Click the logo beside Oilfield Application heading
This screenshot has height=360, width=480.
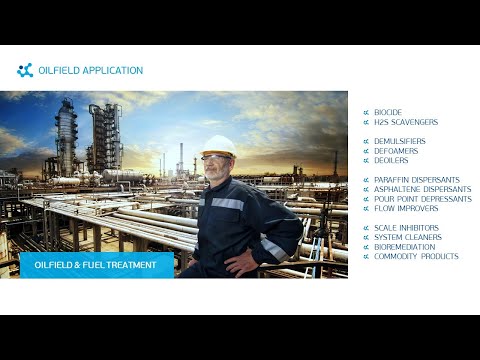point(25,70)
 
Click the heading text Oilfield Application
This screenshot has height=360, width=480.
point(97,71)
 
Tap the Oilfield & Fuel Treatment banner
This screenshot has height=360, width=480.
point(96,265)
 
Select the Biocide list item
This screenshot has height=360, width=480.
point(388,112)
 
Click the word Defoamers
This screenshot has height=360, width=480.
point(396,150)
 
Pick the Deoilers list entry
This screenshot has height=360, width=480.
point(392,160)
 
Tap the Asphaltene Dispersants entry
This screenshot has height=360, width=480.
point(416,189)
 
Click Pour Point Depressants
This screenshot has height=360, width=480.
point(416,199)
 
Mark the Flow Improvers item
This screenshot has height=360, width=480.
point(403,208)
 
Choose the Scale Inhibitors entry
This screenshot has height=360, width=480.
point(406,228)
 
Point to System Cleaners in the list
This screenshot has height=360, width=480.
point(407,237)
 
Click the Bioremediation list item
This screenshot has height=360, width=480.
point(405,246)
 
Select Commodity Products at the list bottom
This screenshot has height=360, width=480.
point(416,256)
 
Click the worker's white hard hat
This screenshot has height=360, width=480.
point(217,144)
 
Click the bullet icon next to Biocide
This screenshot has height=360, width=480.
point(366,112)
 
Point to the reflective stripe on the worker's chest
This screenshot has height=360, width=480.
point(228,203)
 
